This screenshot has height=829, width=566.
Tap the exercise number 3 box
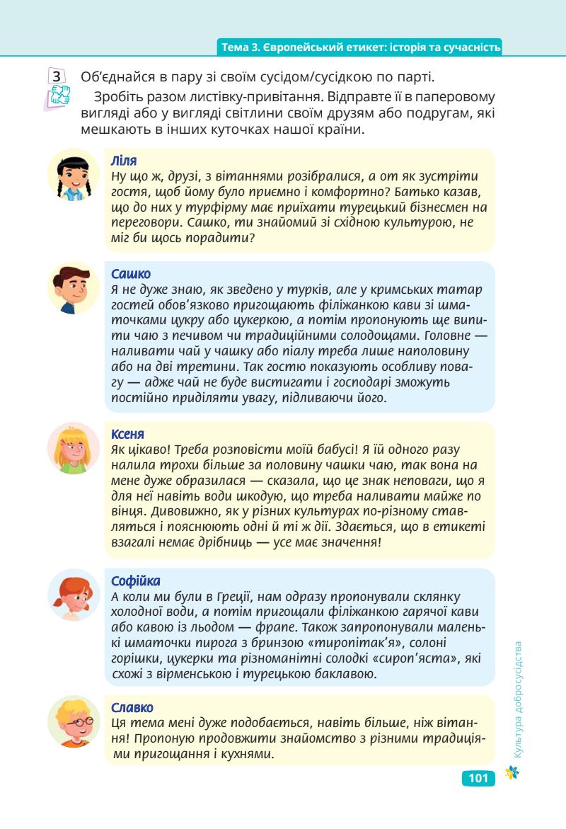pyautogui.click(x=57, y=76)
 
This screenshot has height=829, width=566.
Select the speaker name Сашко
pyautogui.click(x=131, y=274)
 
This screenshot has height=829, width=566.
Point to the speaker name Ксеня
pyautogui.click(x=128, y=433)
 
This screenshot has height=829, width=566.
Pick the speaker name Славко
pyautogui.click(x=132, y=707)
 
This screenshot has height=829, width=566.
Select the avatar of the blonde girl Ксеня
pyautogui.click(x=74, y=448)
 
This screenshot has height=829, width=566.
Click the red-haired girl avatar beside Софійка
pyautogui.click(x=74, y=595)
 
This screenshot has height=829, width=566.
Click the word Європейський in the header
pyautogui.click(x=294, y=47)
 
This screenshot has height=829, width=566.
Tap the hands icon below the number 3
pyautogui.click(x=57, y=96)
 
